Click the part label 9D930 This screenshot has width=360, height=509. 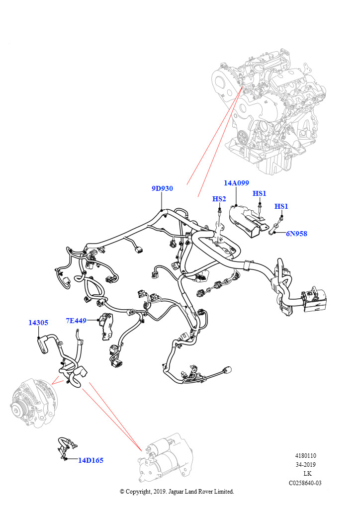(162, 189)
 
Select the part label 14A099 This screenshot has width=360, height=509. (236, 183)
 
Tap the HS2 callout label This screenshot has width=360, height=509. (219, 199)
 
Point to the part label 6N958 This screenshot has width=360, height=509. (296, 234)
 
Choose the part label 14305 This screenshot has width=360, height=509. (38, 323)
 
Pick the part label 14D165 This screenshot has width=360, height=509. (90, 460)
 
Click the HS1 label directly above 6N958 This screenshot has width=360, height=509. (281, 206)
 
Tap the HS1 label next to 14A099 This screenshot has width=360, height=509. (260, 193)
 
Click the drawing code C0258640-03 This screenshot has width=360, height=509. (305, 483)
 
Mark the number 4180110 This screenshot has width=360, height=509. (306, 456)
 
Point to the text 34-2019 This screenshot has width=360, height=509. (306, 465)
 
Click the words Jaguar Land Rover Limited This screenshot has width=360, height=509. (204, 492)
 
